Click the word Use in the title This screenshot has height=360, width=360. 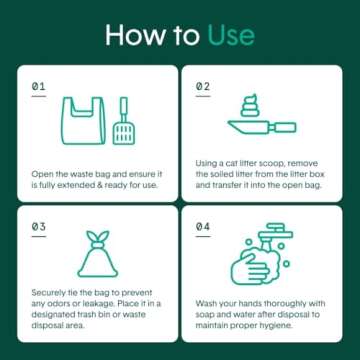tap(233, 38)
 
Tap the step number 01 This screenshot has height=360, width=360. tap(38, 88)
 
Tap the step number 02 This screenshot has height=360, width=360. tap(202, 88)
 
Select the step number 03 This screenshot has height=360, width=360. tap(38, 227)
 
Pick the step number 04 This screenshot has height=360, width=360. tap(202, 227)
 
